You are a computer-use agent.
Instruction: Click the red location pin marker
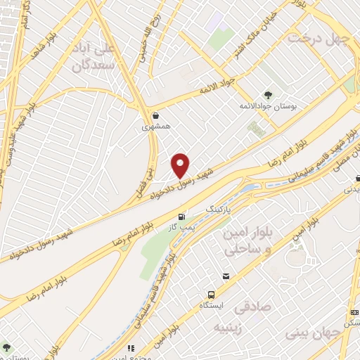181,165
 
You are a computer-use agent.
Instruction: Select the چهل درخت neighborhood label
317,37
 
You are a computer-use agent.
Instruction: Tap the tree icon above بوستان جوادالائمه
268,94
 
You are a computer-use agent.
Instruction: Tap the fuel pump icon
184,217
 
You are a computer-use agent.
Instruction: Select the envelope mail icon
226,276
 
